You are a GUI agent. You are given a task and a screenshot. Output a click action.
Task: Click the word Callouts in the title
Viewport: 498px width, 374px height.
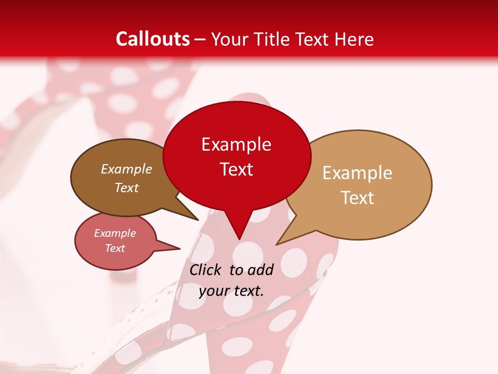coord(153,39)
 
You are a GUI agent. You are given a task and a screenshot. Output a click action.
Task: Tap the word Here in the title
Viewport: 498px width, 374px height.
coord(354,39)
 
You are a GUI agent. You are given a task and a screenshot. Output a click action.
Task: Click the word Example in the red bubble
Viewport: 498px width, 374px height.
coord(236,144)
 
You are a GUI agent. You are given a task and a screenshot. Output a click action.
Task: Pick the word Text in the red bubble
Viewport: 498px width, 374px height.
coord(236,169)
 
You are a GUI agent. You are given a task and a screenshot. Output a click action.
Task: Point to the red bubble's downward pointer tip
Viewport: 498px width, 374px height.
coord(239,239)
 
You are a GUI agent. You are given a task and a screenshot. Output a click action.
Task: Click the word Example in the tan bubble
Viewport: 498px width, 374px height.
coord(357,173)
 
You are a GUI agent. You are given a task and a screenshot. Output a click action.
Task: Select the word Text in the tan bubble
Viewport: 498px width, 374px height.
coord(357,198)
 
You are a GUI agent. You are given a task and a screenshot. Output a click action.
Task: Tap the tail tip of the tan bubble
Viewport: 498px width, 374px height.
coord(276,244)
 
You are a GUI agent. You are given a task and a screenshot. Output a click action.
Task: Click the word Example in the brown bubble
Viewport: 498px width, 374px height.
coord(126,169)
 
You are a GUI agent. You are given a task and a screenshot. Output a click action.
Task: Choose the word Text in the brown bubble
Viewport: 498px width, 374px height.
coord(126,188)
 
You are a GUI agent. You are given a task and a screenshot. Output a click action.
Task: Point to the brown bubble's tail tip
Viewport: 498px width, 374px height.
coord(198,220)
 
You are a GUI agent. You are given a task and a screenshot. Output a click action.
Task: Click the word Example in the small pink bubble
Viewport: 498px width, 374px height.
coord(115,233)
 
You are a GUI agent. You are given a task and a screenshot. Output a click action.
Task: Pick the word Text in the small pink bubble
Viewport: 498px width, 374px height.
coord(115,248)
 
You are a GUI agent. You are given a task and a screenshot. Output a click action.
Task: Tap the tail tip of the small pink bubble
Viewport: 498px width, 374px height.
coord(180,248)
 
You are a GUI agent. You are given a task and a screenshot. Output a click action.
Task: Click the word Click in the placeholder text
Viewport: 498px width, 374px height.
coord(206,270)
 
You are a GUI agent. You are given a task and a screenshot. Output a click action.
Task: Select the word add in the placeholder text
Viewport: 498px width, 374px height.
coord(260,270)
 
